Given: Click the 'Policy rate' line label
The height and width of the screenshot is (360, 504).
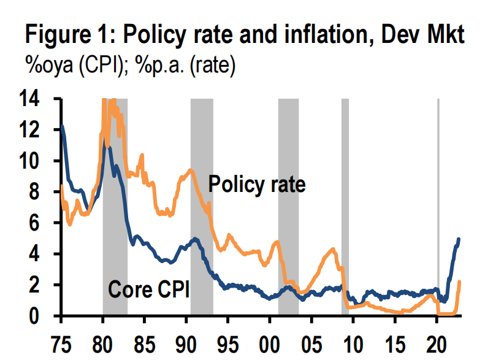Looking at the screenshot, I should click(x=256, y=184).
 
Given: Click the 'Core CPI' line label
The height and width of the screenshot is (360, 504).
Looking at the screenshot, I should click(x=148, y=288).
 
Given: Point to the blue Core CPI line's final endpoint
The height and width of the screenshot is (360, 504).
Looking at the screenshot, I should click(x=459, y=239).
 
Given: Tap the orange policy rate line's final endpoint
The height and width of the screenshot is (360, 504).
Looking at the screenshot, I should click(x=459, y=281).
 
